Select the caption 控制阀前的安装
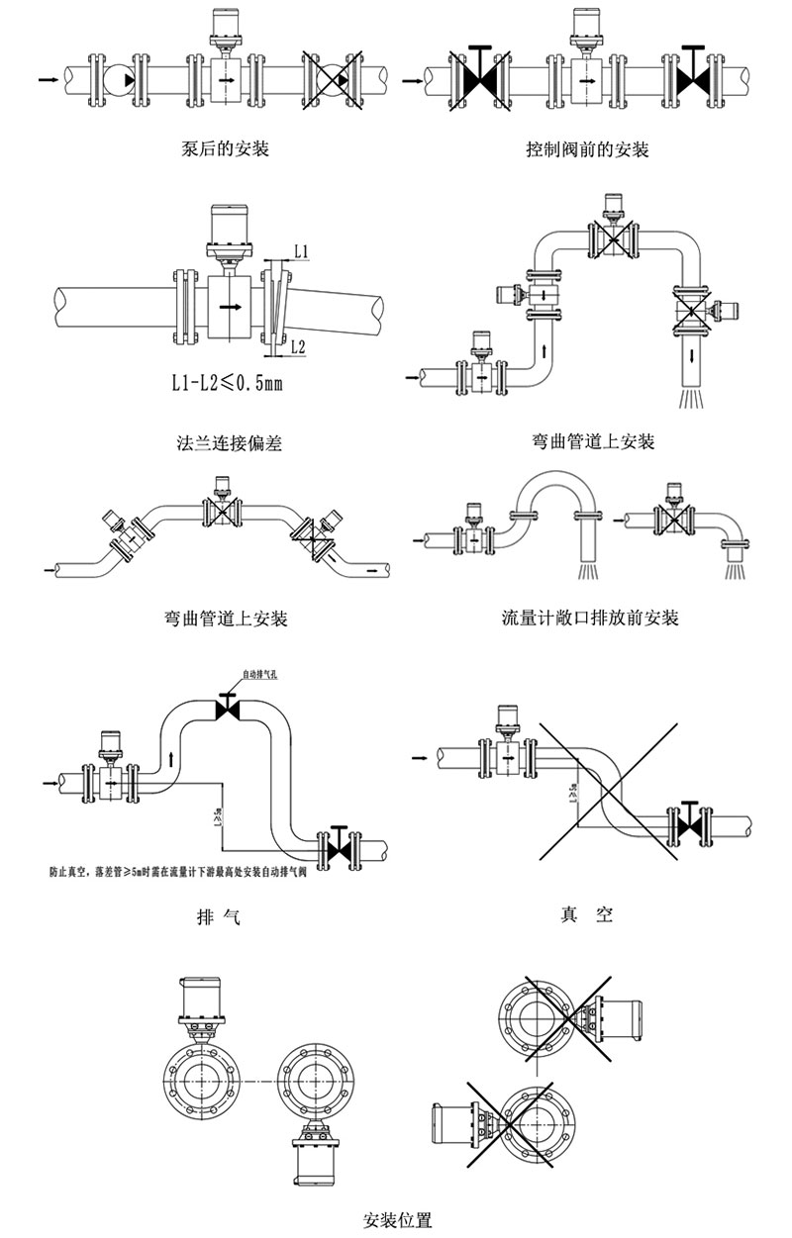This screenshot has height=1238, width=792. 587,150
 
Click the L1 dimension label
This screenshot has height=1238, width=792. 301,252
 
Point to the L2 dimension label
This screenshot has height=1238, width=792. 299,345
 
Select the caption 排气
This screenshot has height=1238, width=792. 220,916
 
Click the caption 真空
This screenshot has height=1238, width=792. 586,914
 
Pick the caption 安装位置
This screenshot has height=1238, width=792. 398,1218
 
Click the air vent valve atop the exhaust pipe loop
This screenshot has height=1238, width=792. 227,709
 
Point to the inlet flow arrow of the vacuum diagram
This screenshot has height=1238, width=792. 421,758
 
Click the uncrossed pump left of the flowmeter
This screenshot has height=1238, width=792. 118,76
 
